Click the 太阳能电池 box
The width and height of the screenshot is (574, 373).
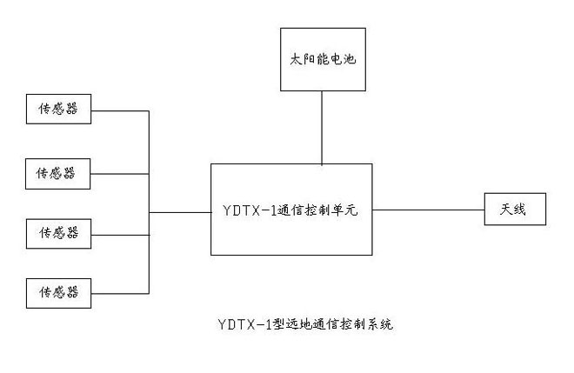pos(323,59)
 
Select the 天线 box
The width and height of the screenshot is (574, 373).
pos(516,210)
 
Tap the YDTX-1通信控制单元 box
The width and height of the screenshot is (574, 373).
pos(291,209)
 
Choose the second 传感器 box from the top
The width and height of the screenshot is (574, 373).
pos(57,172)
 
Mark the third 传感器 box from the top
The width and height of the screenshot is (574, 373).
pos(57,232)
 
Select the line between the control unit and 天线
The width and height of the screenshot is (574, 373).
pos(428,210)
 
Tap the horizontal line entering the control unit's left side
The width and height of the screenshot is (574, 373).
pos(180,210)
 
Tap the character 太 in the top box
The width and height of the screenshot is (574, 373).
pos(295,60)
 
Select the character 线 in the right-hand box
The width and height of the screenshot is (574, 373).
pos(523,210)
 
